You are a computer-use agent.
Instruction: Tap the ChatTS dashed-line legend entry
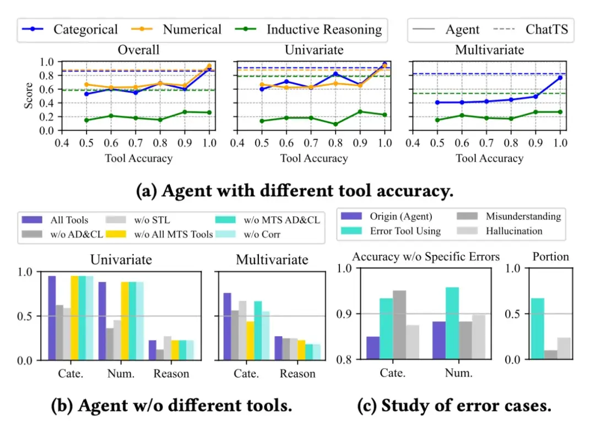[546, 29]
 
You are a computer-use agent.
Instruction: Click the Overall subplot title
[138, 50]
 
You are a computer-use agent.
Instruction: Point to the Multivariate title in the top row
[489, 50]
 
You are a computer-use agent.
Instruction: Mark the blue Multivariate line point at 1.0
[560, 78]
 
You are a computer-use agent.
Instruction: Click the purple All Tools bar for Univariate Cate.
[52, 318]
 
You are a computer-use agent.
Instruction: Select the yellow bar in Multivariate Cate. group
[250, 341]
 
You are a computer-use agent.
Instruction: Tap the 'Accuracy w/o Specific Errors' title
[425, 256]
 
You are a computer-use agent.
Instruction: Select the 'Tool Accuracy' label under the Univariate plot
[314, 158]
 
